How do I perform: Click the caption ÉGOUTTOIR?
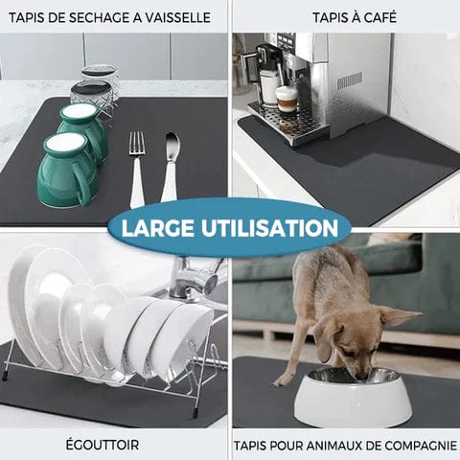click(x=114, y=445)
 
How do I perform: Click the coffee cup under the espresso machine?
click(x=287, y=99)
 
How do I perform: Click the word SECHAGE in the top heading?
click(x=93, y=17)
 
